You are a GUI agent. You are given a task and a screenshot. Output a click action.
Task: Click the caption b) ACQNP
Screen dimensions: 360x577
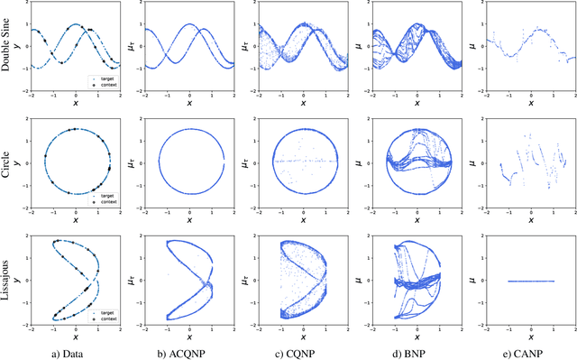(189, 351)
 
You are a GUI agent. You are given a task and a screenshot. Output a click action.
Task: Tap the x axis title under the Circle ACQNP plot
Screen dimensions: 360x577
(189, 219)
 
